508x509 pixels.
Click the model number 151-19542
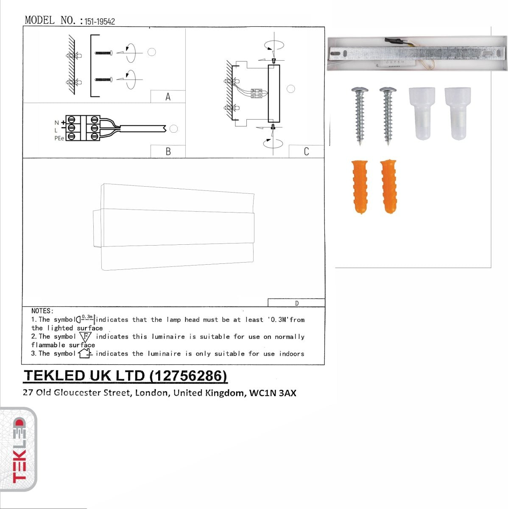click(x=100, y=22)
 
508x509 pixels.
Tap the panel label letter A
click(x=168, y=97)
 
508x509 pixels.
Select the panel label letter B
click(x=168, y=151)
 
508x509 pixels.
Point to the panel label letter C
click(x=307, y=151)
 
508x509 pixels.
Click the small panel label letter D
click(x=297, y=303)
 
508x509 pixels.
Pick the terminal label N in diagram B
click(x=56, y=123)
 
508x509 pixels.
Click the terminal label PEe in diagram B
click(x=59, y=138)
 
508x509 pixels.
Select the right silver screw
click(x=387, y=115)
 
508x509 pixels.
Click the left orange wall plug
click(x=360, y=187)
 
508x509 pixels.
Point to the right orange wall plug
click(x=388, y=187)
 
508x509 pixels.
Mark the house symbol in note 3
click(x=85, y=353)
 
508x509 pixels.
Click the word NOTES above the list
click(x=42, y=311)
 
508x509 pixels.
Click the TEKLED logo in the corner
click(x=18, y=450)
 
